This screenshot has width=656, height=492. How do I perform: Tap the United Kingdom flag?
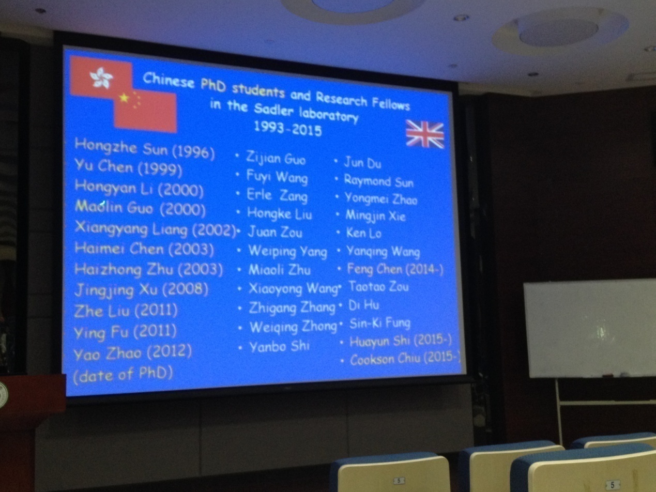tap(425, 134)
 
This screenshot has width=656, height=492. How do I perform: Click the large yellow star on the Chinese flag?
tap(124, 98)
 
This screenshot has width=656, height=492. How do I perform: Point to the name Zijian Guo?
tap(276, 158)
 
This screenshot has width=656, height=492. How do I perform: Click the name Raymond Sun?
tap(378, 181)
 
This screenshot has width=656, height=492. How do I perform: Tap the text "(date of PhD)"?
tap(123, 374)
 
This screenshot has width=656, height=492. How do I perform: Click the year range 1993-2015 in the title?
tap(288, 129)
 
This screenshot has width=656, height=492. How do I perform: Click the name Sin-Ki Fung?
tap(380, 324)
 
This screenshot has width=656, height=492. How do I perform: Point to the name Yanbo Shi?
tap(280, 347)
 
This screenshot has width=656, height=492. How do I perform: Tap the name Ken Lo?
tap(364, 233)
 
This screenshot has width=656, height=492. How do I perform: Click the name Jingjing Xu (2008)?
tap(141, 290)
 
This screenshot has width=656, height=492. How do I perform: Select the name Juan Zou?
tap(275, 232)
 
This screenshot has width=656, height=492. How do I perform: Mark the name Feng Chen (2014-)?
tap(395, 269)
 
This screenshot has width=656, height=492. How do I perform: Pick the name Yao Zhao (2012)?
tap(133, 353)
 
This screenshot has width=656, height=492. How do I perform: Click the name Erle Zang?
tap(277, 195)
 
